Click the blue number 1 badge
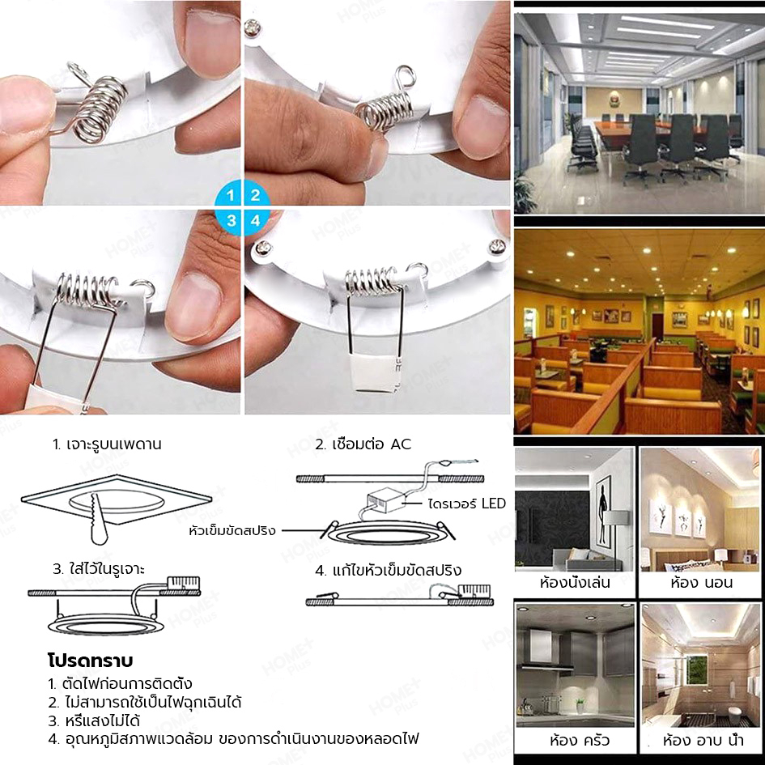point(229,194)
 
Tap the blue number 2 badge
point(255,194)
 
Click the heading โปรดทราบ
point(91,661)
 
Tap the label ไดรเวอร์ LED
point(467,504)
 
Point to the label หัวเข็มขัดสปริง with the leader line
point(232,530)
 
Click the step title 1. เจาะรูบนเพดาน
point(107,444)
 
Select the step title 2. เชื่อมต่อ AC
point(363,444)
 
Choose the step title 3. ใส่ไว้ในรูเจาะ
point(99,569)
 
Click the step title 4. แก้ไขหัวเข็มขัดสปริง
point(388,570)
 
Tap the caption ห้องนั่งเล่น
point(575,583)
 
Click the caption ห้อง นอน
point(701,583)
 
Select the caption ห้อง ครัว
point(579,741)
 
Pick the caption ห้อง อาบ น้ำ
point(703,741)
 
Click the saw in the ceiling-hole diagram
point(99,520)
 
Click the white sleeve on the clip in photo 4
point(374,373)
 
